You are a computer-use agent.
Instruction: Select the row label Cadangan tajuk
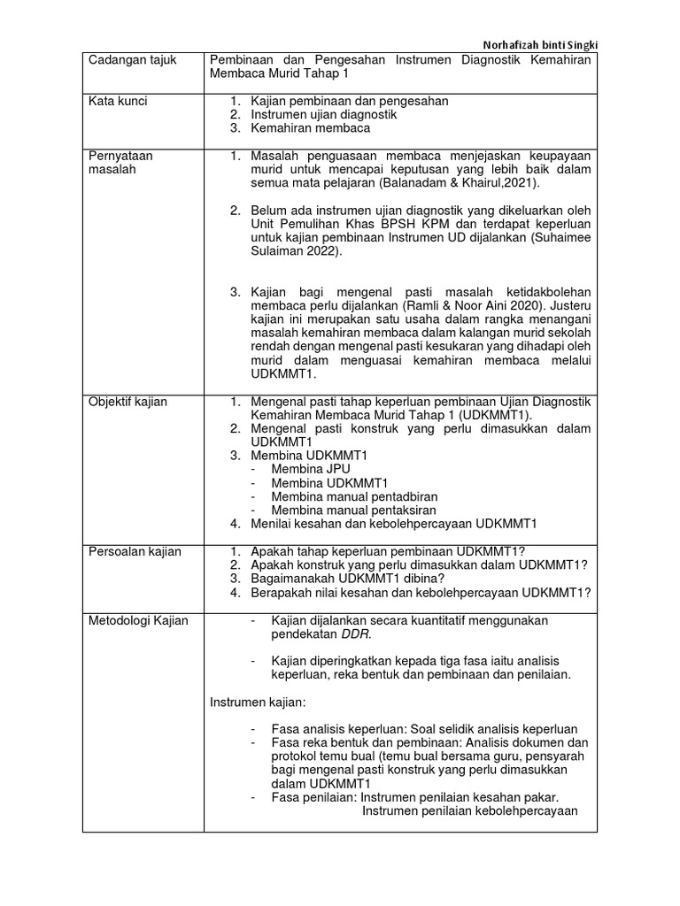point(132,60)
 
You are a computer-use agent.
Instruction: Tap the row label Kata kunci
point(118,101)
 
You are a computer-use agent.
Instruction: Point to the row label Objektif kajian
point(127,402)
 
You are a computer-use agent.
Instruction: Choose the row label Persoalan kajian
point(135,552)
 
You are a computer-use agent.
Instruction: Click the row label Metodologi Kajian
point(138,621)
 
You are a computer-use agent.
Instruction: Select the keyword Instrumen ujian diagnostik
point(323,114)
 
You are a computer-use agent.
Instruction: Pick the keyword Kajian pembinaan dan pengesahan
point(350,101)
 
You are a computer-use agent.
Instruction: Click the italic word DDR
point(357,634)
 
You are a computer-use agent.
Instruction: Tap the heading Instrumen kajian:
point(257,702)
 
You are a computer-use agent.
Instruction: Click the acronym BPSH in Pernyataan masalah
point(399,224)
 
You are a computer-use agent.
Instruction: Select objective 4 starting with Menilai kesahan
point(394,523)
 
